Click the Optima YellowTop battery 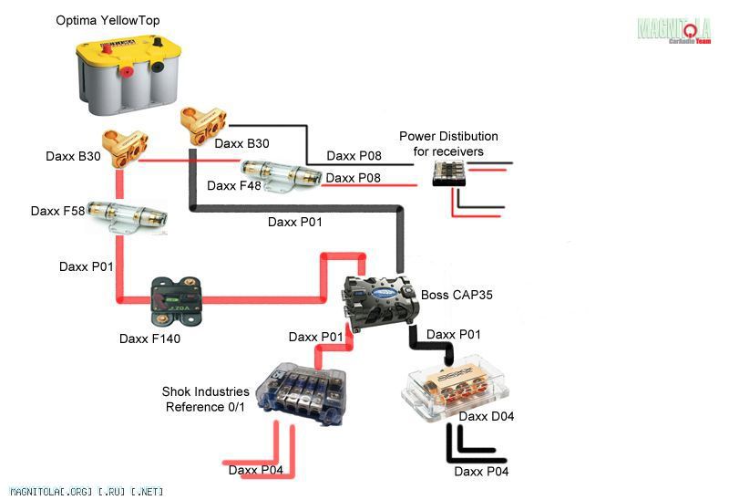pos(128,76)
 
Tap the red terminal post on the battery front pos(126,72)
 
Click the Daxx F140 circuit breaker pos(177,301)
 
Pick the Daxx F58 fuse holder pos(127,216)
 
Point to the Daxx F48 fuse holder pos(281,175)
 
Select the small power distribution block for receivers pos(449,173)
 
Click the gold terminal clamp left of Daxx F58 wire pos(125,149)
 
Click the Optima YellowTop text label pos(108,20)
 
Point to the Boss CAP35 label pos(457,295)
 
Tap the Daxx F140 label pos(149,339)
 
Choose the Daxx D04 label pos(487,416)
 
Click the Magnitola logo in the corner pos(674,29)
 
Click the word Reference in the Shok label pos(195,407)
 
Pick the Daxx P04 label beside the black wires pos(481,472)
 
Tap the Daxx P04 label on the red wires pos(256,470)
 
